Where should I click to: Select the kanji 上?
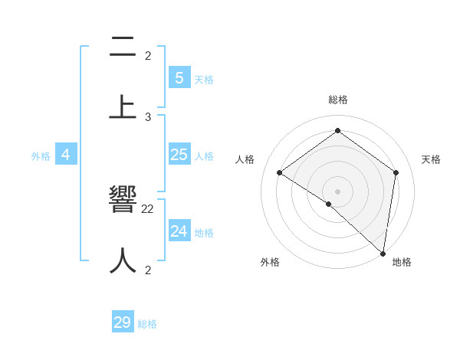123,106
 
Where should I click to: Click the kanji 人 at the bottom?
123,260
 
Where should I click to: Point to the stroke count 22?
148,208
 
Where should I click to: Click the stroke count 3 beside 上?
148,117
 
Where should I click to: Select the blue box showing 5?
179,77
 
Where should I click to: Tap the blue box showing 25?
179,155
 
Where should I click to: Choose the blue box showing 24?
179,231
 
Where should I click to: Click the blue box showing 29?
123,322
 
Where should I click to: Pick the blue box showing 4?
66,155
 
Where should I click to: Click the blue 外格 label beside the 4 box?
41,155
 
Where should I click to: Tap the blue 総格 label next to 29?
147,324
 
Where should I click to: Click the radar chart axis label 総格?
338,100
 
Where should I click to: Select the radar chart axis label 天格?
431,159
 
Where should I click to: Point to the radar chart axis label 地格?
402,262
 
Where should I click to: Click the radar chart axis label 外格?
270,262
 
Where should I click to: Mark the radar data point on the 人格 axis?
280,172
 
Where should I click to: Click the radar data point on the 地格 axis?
383,252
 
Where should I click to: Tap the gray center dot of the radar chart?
337,191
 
